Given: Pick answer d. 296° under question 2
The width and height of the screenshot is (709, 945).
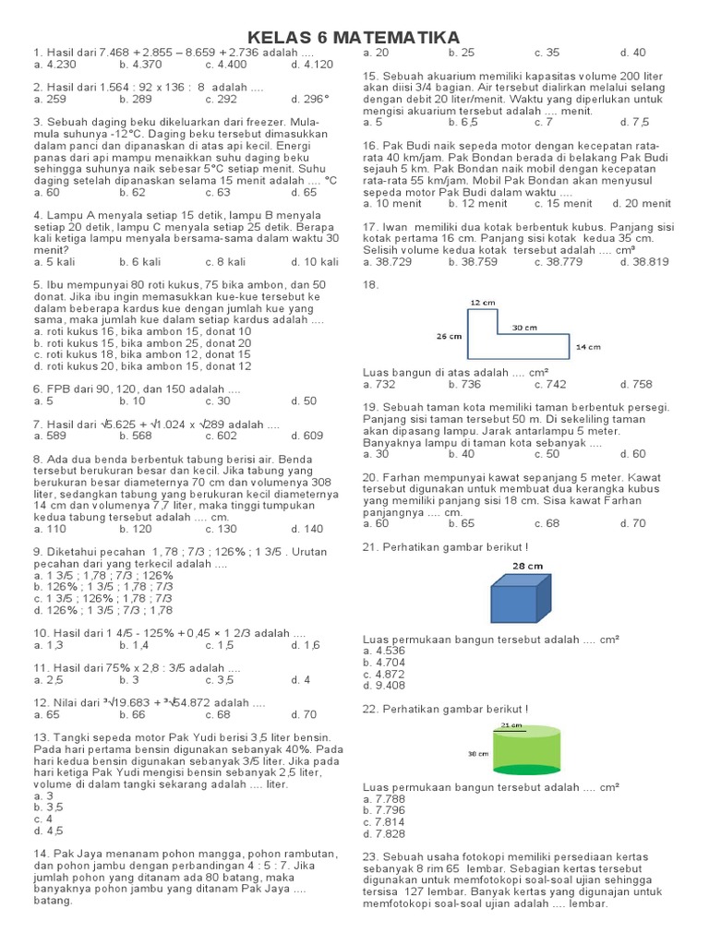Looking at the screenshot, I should pos(310,99).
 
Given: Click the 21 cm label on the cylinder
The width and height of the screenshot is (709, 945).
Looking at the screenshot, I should pos(510,726).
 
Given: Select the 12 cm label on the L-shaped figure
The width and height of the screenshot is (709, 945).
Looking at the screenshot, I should pos(481,302).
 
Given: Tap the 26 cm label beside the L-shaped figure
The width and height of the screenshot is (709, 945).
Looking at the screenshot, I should pos(449,337).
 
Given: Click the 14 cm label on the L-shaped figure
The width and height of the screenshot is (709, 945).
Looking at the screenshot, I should pos(587,347).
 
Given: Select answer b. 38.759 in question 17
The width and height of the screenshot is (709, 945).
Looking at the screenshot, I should pos(473,262).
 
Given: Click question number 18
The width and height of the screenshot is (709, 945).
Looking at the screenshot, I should pos(371,285).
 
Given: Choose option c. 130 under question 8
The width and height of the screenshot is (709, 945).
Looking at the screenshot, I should pos(221,530).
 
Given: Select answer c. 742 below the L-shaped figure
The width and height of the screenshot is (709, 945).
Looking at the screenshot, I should pos(549,384).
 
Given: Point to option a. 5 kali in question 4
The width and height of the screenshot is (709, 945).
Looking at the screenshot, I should pos(54,262).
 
